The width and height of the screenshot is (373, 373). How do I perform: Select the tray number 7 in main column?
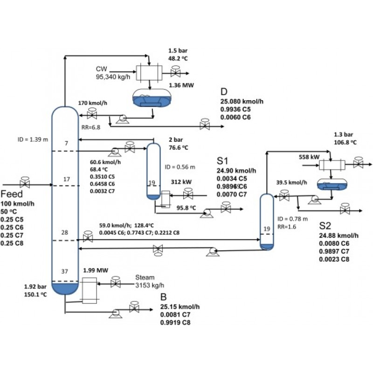(66, 144)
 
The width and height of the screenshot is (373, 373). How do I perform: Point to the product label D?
(224, 91)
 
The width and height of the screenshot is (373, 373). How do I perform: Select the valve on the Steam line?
(115, 282)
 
